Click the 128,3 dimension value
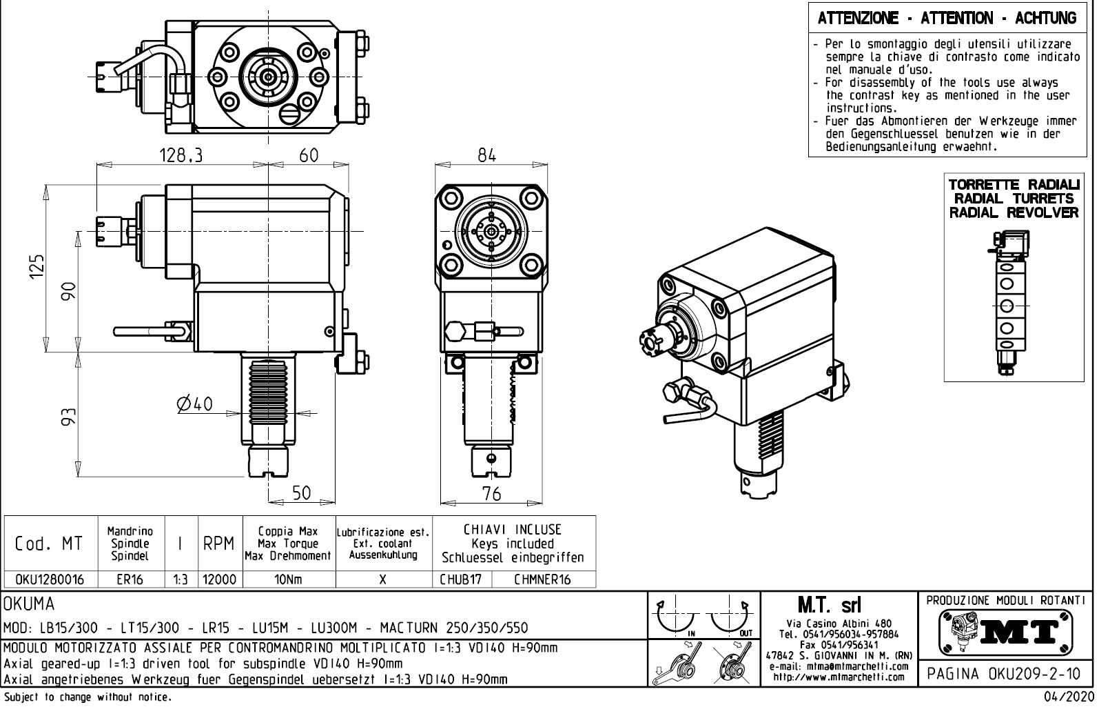(x=181, y=156)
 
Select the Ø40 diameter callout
(x=194, y=404)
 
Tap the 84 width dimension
(x=487, y=156)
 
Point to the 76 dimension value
(x=491, y=494)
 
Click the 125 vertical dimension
(x=38, y=267)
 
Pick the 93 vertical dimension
(x=68, y=417)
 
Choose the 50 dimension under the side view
(x=301, y=493)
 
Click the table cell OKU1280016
(x=50, y=579)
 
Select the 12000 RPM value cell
(x=220, y=579)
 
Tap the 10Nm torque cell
(x=289, y=579)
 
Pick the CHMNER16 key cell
(x=542, y=579)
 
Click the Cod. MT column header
(x=49, y=544)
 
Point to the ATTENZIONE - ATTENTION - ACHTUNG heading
(x=947, y=19)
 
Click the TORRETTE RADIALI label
(x=1014, y=186)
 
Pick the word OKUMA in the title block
(x=29, y=604)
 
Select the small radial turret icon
(x=1010, y=303)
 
